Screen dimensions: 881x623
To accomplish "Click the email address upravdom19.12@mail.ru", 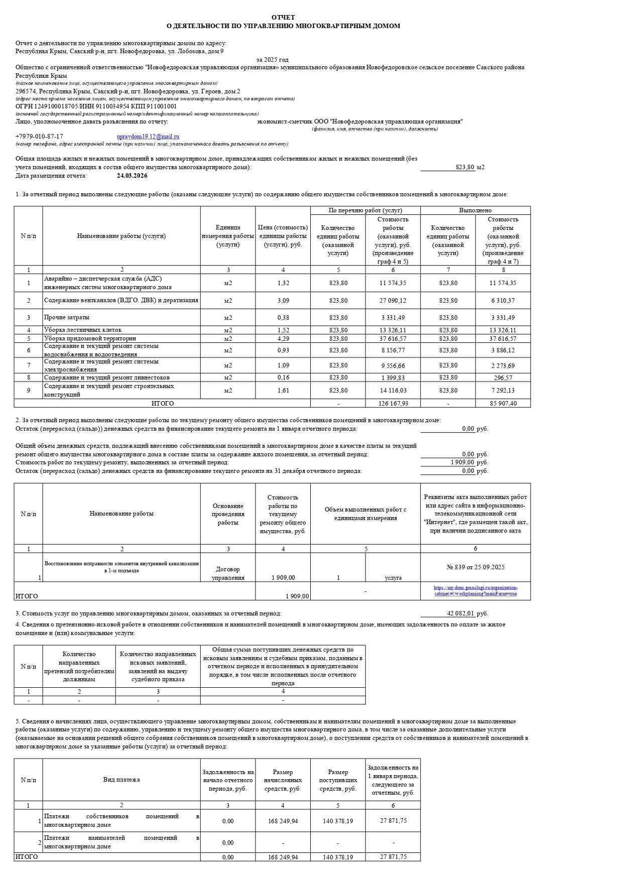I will click(148, 137).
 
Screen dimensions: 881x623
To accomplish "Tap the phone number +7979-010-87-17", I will click(39, 137).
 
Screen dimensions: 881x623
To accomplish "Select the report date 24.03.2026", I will click(132, 176).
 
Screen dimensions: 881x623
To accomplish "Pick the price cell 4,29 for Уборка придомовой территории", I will click(283, 339).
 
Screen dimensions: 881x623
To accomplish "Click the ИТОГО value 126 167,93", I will click(393, 404).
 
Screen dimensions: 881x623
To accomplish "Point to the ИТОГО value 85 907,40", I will click(503, 404).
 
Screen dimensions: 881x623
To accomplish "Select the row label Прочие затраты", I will click(67, 317).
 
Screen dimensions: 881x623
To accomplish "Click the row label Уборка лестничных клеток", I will click(83, 330).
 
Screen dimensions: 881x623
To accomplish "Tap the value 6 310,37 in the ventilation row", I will click(503, 301).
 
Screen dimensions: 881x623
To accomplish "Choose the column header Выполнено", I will click(475, 210).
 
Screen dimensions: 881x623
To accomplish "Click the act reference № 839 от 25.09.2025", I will click(475, 567).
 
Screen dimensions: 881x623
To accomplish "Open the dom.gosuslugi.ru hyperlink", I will click(475, 591).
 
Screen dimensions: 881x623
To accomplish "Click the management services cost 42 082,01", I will click(460, 613).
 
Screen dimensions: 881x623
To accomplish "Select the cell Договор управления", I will click(228, 573).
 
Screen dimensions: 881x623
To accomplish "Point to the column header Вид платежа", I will click(121, 780).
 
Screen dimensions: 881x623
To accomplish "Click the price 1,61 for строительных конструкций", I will click(283, 391).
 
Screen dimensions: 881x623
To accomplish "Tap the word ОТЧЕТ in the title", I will click(283, 18).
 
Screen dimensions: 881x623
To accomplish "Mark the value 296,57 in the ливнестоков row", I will click(503, 378).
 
